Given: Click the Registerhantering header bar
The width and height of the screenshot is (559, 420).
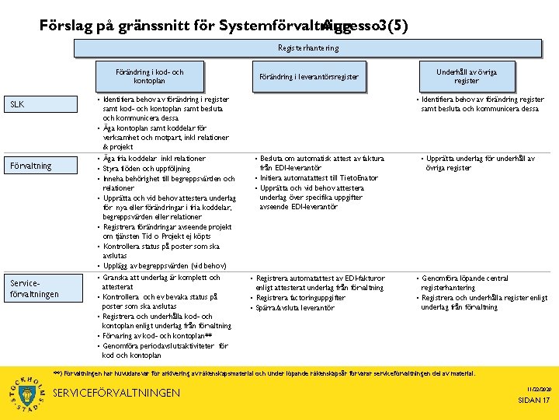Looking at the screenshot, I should pyautogui.click(x=307, y=48).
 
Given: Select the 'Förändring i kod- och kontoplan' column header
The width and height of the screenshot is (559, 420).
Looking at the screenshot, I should pyautogui.click(x=149, y=76).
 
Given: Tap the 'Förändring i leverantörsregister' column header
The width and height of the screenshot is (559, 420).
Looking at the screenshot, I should pyautogui.click(x=308, y=76).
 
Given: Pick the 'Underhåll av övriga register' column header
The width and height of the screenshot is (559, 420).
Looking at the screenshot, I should pyautogui.click(x=466, y=76).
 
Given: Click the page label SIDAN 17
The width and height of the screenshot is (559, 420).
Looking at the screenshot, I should pyautogui.click(x=533, y=400).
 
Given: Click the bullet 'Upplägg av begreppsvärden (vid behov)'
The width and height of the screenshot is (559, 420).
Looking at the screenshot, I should pyautogui.click(x=165, y=265).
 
